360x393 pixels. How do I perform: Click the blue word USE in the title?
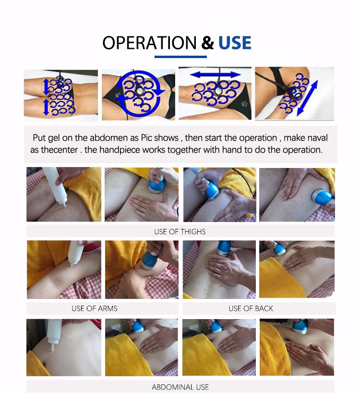pos(235,43)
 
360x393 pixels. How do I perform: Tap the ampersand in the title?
pos(207,43)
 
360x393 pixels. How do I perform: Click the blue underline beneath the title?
pos(180,57)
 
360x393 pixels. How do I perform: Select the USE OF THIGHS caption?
pos(180,231)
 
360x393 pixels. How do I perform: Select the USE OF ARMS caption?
pos(95,308)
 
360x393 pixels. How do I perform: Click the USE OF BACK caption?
pos(251,308)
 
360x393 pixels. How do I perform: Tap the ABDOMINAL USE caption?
pos(180,387)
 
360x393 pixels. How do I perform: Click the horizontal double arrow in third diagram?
pos(216,75)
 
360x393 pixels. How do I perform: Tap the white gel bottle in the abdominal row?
pos(53,335)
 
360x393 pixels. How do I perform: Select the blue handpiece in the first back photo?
pos(223,248)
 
